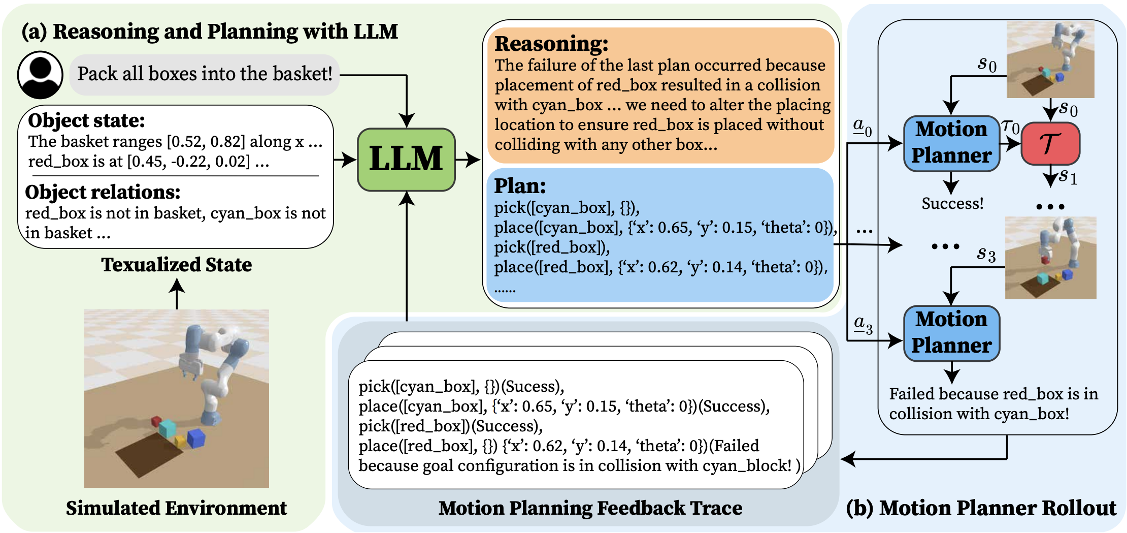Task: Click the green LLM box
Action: point(406,160)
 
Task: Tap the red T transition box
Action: point(1050,144)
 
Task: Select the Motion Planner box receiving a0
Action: point(951,143)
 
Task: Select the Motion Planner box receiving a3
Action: point(951,333)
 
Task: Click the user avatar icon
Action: point(40,75)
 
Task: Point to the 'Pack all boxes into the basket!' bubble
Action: point(205,74)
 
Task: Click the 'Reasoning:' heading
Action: point(551,44)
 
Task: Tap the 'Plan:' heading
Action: point(520,186)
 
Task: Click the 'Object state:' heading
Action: point(86,121)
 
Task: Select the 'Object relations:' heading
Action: point(103,192)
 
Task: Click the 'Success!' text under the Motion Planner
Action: point(952,204)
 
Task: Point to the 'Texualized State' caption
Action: point(177,265)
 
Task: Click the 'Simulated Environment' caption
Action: point(176,508)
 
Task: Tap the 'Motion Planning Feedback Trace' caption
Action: point(590,508)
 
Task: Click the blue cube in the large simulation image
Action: point(196,438)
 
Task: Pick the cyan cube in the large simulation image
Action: point(168,428)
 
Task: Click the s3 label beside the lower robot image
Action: point(986,254)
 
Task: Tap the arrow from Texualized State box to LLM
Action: point(345,160)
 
